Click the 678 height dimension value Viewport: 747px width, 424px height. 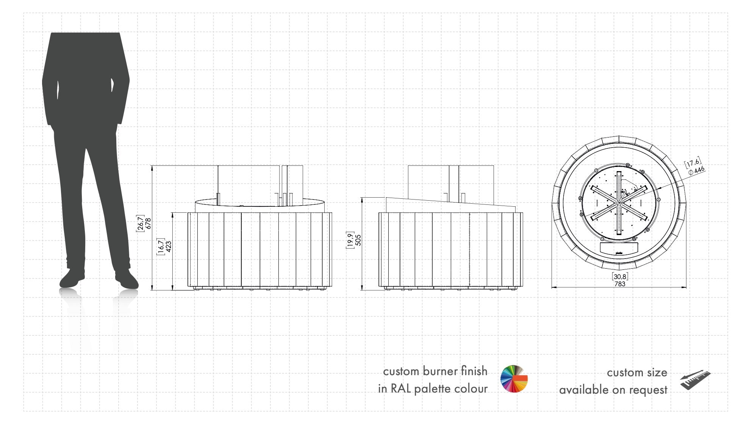pos(148,223)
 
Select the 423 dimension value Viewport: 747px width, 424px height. pos(169,246)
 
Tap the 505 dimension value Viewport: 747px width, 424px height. pos(358,240)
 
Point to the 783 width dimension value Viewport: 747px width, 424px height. pos(620,284)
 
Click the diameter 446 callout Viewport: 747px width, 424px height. pos(696,170)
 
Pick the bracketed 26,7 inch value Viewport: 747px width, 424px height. pos(141,223)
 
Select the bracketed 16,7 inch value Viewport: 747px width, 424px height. pos(161,246)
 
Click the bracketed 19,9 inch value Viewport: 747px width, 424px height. pos(350,240)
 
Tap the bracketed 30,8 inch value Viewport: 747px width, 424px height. pos(620,277)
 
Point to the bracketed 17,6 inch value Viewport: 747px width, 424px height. pos(692,163)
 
